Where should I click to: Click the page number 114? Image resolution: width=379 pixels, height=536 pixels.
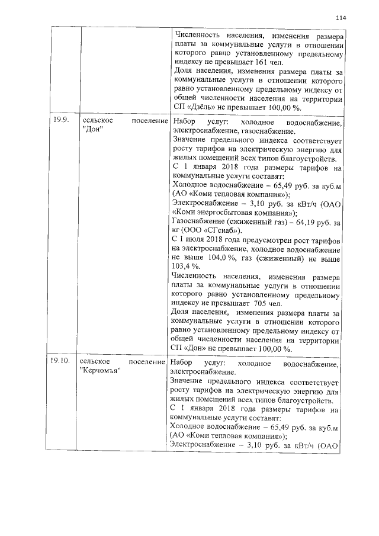coord(339,18)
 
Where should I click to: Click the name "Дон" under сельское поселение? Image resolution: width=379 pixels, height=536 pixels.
coord(90,130)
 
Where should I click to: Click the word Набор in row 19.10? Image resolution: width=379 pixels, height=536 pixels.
coord(180,361)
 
